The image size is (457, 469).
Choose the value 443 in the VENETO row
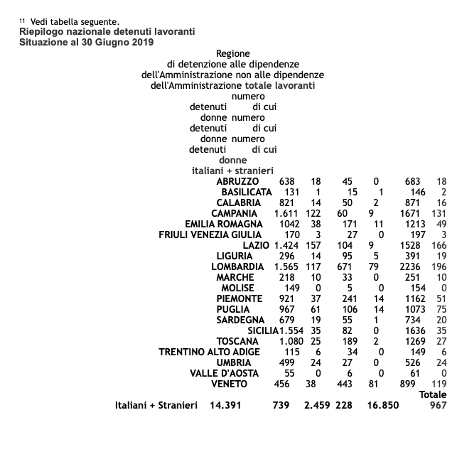pos(348,384)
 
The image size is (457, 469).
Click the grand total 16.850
pos(382,406)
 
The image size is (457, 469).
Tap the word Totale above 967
pos(432,394)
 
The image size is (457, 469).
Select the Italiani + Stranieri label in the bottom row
pos(156,406)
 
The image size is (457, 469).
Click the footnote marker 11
pos(22,21)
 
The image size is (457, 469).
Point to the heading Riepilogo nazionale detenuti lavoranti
pos(107,32)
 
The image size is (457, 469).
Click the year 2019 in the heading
pos(141,43)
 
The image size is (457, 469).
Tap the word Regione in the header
pos(232,53)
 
